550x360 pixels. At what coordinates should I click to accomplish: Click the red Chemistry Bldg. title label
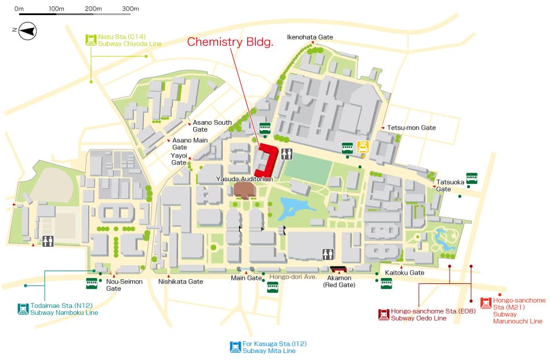tap(230, 42)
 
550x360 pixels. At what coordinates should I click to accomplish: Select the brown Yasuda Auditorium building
tap(244, 190)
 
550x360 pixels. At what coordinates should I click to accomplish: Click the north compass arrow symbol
tap(27, 31)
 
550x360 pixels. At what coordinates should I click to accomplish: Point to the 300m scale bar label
tap(130, 9)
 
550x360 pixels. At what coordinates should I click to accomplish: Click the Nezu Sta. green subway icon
tap(91, 39)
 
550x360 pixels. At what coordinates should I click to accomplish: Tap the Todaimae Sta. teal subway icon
tap(23, 309)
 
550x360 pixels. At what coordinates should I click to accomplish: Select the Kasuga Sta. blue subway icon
tap(236, 347)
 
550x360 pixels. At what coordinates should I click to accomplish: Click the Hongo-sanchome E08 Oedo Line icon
tap(383, 314)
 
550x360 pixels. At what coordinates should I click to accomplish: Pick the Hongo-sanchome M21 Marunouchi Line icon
tap(486, 303)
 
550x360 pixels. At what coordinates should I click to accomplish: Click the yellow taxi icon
tap(363, 147)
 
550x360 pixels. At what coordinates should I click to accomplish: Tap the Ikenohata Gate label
tap(310, 37)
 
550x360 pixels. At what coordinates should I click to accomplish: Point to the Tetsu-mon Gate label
tap(411, 128)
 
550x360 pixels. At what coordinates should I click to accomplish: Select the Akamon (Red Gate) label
tap(339, 282)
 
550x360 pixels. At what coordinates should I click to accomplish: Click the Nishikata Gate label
tap(180, 282)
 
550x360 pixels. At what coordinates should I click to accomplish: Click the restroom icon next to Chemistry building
tap(287, 154)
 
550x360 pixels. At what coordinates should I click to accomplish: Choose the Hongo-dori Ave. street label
tap(293, 277)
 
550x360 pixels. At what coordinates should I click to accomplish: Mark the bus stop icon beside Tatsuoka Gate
tap(472, 178)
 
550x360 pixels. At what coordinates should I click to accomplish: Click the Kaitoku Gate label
tap(404, 272)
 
